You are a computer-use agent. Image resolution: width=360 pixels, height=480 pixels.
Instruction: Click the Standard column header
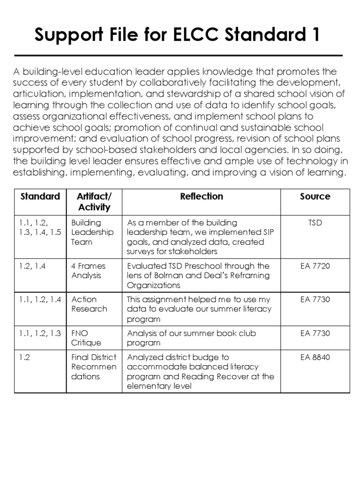40,196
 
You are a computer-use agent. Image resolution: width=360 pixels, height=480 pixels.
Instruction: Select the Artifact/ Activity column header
94,202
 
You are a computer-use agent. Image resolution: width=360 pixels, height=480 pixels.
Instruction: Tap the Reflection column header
202,196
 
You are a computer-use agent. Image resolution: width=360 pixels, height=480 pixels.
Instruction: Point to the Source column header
315,196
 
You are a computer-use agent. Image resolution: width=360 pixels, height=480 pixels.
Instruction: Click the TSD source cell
315,223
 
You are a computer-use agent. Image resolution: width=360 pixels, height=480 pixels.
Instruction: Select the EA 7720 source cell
315,266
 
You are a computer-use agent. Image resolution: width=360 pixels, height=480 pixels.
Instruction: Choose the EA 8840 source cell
315,357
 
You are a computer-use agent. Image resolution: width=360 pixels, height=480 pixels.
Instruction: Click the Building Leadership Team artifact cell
86,232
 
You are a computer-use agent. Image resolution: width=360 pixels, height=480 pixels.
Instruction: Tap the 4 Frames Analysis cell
88,270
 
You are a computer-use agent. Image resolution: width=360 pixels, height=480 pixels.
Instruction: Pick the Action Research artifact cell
89,304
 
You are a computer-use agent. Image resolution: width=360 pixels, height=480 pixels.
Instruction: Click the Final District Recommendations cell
94,367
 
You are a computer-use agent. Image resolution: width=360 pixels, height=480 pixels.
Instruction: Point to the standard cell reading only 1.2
25,357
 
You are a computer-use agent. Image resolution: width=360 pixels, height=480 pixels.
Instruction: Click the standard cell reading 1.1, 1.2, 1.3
40,333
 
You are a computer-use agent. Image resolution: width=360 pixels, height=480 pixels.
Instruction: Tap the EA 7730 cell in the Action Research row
315,299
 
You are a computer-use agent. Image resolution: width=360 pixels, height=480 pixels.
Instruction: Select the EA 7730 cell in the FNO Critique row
315,333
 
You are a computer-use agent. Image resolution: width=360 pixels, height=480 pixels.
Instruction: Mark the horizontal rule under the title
179,55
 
